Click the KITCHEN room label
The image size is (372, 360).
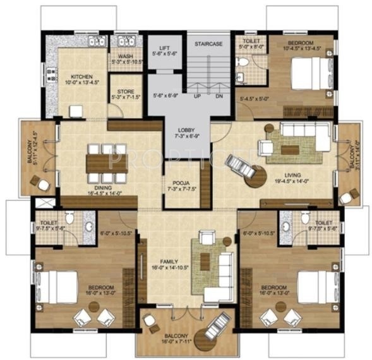click(x=81, y=74)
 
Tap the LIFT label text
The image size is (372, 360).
click(x=164, y=48)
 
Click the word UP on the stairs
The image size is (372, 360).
click(x=197, y=97)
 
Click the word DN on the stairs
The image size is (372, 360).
click(x=219, y=97)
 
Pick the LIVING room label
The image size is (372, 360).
click(x=292, y=175)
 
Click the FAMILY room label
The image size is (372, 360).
click(x=169, y=261)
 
